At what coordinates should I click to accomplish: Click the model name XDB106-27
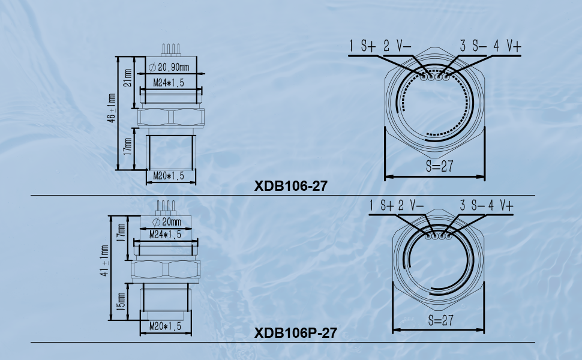[291, 186]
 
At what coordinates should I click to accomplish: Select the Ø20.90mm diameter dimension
[169, 67]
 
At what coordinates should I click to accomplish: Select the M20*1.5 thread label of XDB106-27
[167, 176]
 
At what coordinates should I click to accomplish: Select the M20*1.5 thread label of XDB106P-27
[164, 327]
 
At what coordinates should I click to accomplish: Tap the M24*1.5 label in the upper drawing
[168, 83]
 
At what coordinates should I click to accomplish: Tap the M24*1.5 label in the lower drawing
[165, 234]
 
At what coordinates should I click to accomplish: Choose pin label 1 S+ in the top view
[362, 46]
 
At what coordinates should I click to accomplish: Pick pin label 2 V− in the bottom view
[410, 206]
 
